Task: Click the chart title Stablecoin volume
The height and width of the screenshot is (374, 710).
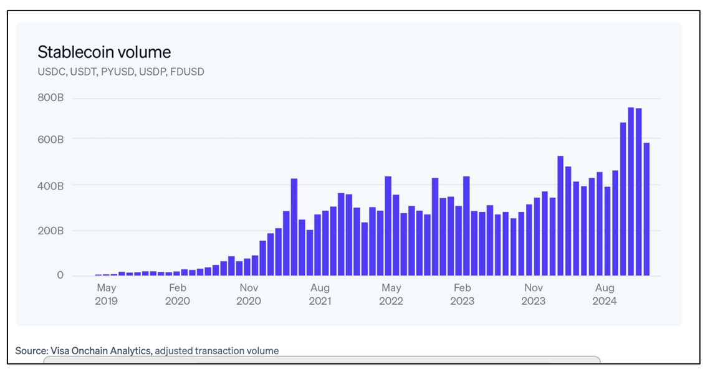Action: point(104,52)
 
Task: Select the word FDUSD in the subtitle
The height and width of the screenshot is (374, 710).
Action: point(188,72)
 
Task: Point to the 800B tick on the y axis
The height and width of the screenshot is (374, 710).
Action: point(50,98)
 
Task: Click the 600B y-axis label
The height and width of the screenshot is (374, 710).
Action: point(50,140)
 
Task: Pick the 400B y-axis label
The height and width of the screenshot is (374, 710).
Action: point(50,186)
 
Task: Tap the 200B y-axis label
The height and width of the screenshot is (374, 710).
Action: point(50,231)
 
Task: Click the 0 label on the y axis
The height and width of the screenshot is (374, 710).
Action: point(60,276)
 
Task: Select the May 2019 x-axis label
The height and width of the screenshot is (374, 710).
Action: point(107,294)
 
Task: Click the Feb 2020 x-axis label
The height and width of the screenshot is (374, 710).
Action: point(178,294)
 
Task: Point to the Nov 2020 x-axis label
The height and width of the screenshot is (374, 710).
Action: point(249,294)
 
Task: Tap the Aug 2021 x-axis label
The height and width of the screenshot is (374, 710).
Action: point(320,294)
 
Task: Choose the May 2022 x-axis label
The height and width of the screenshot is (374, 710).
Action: point(391,294)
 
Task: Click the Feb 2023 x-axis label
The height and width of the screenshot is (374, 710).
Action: point(463,294)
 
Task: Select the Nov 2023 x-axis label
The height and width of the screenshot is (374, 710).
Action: point(534,294)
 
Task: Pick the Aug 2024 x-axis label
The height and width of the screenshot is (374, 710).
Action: point(605,294)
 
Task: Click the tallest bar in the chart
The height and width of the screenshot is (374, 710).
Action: point(631,191)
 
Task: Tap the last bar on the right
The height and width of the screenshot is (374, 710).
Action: point(646,209)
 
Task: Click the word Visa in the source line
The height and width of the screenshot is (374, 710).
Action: point(59,351)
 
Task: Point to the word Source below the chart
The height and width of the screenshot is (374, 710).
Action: point(32,351)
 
